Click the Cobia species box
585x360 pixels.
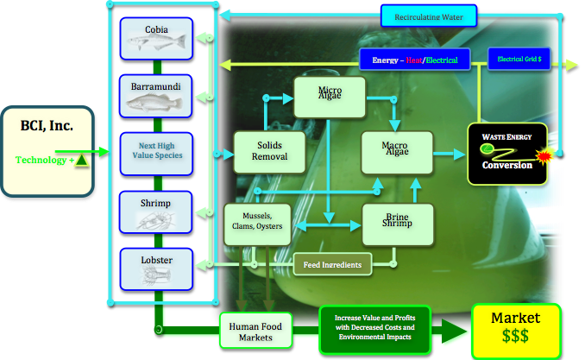(156, 39)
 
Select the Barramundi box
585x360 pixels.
(156, 96)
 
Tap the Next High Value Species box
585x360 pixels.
(156, 152)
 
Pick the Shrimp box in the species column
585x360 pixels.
(156, 211)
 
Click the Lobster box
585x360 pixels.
(156, 267)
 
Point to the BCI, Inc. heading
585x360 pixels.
(47, 126)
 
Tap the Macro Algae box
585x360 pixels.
(396, 152)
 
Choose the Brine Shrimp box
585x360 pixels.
(397, 222)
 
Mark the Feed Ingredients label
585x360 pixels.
(332, 263)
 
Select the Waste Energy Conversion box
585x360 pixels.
(507, 154)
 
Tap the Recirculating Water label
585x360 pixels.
(429, 16)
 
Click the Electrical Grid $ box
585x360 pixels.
(520, 60)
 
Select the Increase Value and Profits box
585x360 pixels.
(373, 328)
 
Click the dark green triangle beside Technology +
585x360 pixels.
(80, 160)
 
